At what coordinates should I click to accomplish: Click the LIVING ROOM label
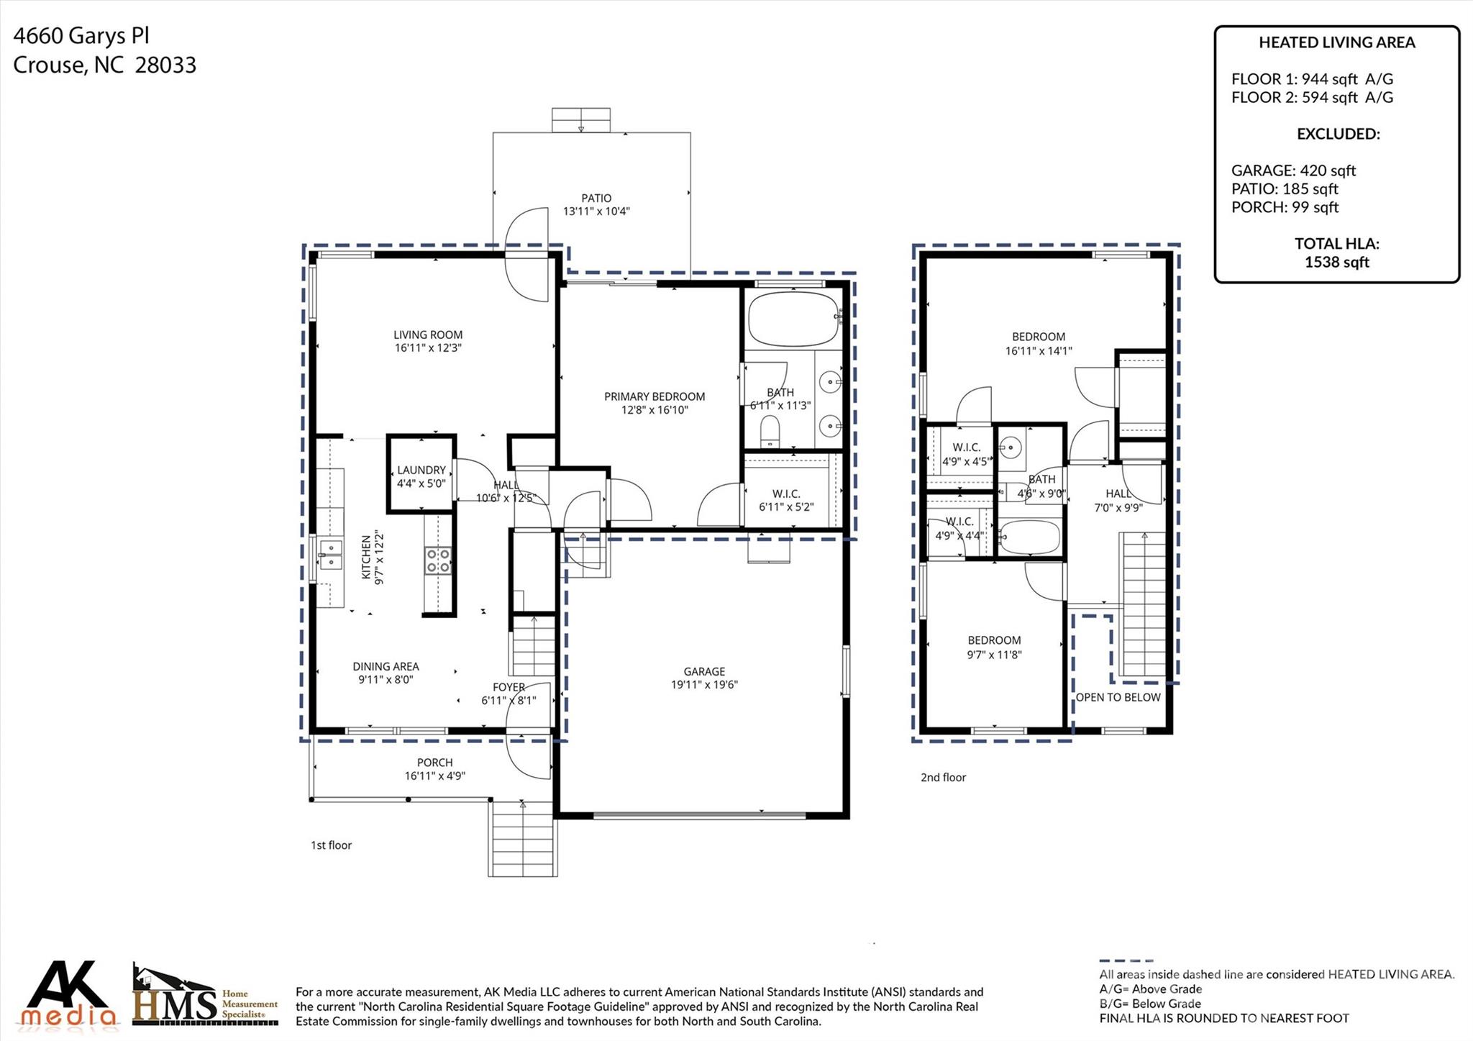tap(427, 335)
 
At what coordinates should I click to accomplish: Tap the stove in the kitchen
tap(438, 560)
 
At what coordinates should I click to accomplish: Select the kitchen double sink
tap(331, 555)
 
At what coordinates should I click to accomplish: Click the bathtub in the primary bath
tap(793, 319)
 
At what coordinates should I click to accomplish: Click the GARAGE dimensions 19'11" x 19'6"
tap(704, 685)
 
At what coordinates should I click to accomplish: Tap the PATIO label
tap(596, 198)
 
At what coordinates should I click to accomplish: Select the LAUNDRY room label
tap(421, 470)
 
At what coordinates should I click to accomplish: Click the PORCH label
tap(434, 763)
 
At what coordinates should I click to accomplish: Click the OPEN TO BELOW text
tap(1118, 697)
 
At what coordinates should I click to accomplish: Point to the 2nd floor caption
tap(943, 778)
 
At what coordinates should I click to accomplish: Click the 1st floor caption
tap(331, 845)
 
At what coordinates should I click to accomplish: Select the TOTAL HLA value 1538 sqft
tap(1336, 263)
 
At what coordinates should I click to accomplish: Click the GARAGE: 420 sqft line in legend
tap(1292, 171)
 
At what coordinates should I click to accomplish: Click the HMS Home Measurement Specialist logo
tap(205, 996)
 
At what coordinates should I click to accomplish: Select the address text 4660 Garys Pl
tap(81, 36)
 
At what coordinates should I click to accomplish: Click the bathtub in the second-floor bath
tap(1029, 537)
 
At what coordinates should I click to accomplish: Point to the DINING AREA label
tap(386, 666)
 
